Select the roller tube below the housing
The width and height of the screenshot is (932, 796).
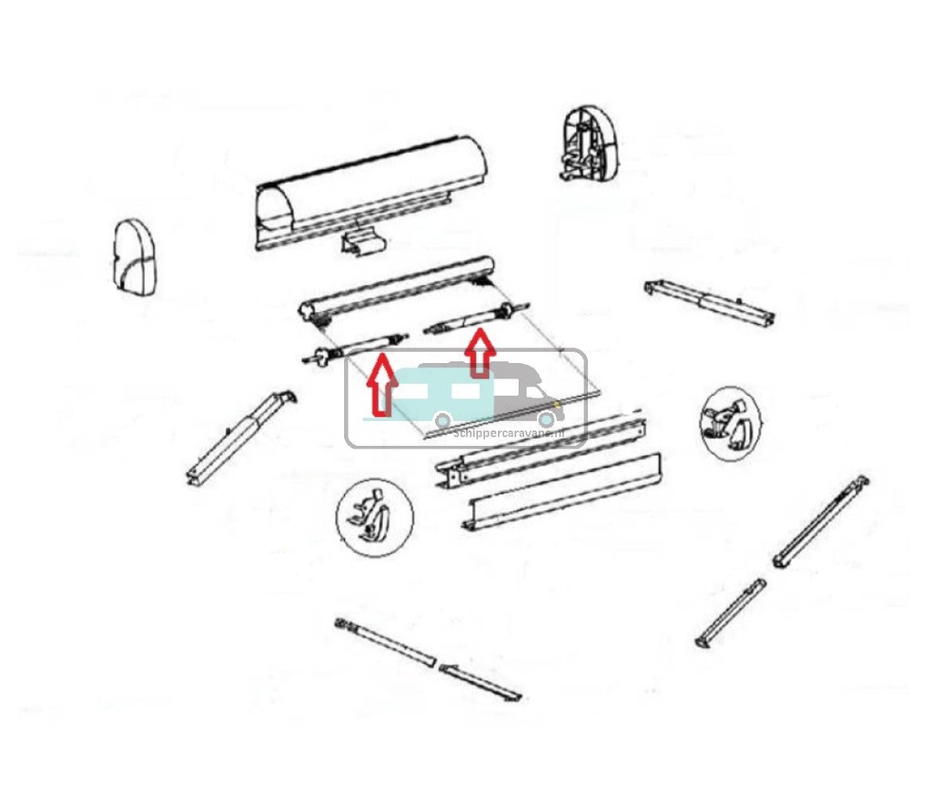click(x=400, y=288)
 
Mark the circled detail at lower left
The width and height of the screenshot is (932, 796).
click(x=374, y=516)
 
